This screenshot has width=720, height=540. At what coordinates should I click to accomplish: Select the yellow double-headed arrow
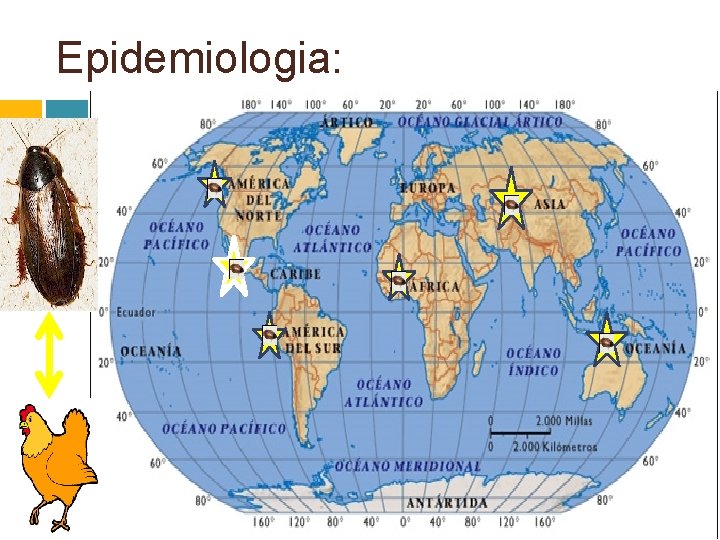point(49,357)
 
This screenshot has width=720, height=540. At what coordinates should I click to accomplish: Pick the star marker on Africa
point(399,282)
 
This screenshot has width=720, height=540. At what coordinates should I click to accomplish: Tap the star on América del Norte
point(213,186)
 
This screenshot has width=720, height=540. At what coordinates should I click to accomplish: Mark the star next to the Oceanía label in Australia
point(606,345)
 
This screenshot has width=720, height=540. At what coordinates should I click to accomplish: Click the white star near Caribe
point(234,267)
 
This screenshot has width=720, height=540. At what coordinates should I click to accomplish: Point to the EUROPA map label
point(427,187)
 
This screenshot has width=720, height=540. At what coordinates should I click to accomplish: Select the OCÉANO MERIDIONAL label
point(408,467)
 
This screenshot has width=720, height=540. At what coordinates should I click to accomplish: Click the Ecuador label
point(136,312)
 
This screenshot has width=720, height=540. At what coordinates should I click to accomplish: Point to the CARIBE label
point(295,273)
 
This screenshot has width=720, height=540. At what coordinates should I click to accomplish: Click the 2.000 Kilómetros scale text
point(554,446)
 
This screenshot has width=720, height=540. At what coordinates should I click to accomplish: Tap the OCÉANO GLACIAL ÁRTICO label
point(480,122)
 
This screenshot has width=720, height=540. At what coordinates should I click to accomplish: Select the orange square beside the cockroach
point(20,108)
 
